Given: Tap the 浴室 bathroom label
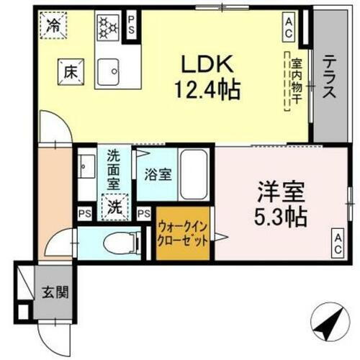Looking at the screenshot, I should [x=156, y=174].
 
